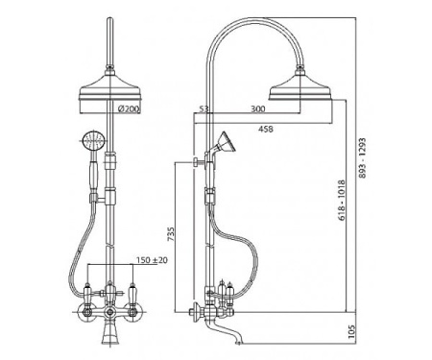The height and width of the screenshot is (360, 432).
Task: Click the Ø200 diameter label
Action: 129,109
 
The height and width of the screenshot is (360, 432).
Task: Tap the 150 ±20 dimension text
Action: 152,260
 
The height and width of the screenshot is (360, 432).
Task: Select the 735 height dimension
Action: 171,234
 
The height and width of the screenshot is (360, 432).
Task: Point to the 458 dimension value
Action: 266,129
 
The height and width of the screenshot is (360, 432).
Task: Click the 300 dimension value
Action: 257,109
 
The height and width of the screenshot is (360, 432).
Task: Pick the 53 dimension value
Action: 204,109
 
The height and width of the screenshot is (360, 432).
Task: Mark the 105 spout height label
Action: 351,332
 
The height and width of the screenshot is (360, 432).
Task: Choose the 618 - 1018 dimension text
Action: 342,201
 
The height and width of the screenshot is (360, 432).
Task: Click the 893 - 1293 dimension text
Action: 362,158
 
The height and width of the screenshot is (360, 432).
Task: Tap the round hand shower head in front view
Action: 93,140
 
